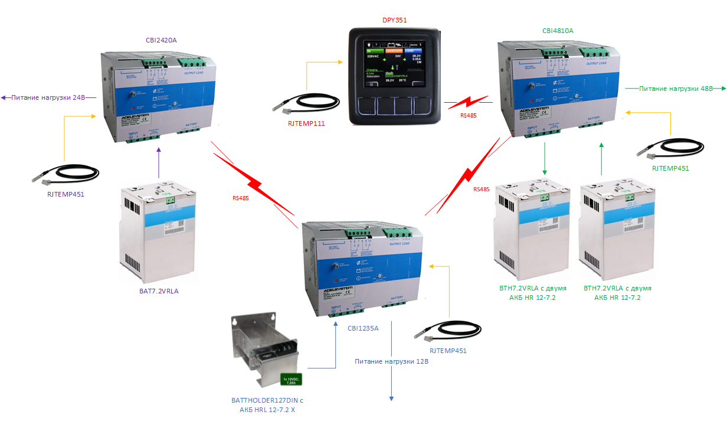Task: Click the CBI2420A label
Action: coord(161,40)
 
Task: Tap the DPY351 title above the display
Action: coord(394,19)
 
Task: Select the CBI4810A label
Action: coord(558,30)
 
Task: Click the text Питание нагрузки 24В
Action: coord(48,97)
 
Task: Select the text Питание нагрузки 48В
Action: coord(676,88)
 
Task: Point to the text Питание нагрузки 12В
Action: coord(391,361)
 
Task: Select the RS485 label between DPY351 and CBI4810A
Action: coord(469,116)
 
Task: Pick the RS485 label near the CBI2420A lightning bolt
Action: coord(240,198)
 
